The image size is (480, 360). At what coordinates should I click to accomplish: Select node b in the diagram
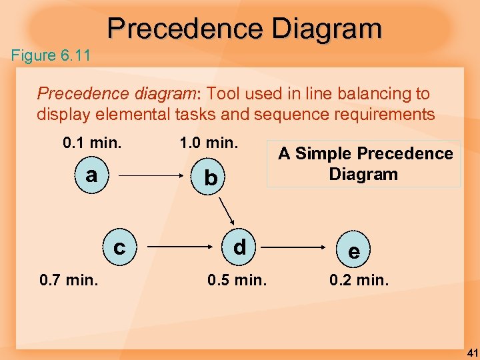[x=211, y=178]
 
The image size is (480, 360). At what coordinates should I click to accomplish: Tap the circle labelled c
[x=119, y=247]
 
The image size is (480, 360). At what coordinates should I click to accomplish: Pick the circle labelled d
[x=239, y=247]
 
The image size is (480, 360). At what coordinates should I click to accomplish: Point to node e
[x=354, y=251]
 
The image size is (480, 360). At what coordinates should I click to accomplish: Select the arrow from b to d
[x=225, y=213]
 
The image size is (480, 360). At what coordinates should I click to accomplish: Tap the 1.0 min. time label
[x=209, y=143]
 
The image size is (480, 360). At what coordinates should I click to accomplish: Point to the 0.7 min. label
[x=69, y=280]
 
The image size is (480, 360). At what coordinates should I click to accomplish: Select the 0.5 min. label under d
[x=237, y=280]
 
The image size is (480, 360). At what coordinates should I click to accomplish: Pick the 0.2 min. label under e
[x=359, y=280]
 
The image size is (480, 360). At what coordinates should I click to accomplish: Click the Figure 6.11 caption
[x=51, y=55]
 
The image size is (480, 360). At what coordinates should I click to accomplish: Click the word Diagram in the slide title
[x=327, y=29]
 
